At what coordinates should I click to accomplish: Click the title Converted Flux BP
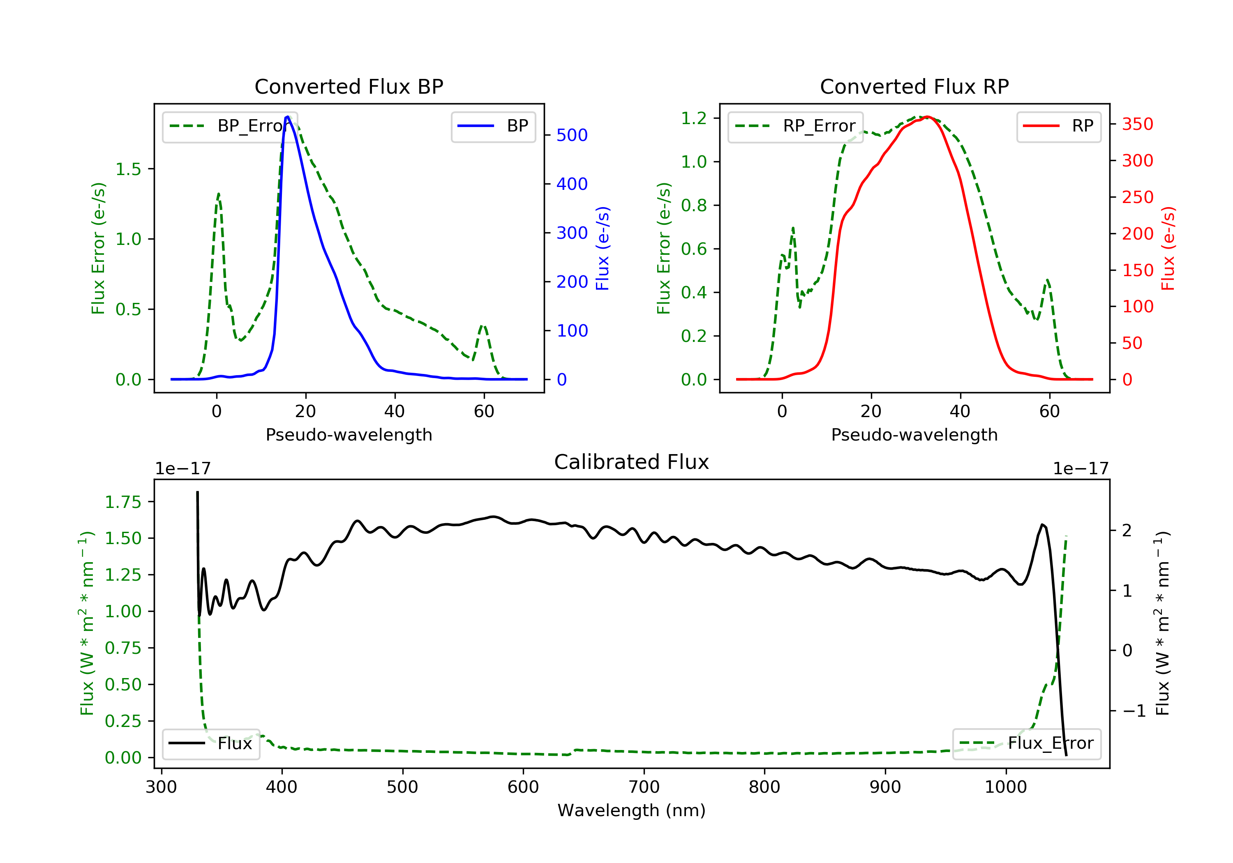tap(349, 86)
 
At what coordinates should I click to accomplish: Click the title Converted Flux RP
tap(914, 86)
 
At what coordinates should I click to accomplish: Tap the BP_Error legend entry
tap(230, 126)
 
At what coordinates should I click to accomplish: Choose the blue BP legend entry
tap(493, 126)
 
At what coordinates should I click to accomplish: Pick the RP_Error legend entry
tap(795, 126)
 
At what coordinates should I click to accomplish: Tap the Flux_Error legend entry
tap(1026, 743)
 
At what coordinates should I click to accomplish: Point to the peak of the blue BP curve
tap(288, 117)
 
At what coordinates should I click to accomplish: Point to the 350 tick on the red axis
tap(1137, 124)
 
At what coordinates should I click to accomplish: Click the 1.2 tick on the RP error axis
tap(693, 118)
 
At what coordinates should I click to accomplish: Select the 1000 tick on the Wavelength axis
tap(1005, 787)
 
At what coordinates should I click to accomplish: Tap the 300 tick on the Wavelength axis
tap(161, 787)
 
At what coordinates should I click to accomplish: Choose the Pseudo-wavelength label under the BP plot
tap(349, 435)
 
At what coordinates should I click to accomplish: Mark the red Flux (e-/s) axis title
tap(1168, 248)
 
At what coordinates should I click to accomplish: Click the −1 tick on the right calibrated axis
tap(1133, 711)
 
